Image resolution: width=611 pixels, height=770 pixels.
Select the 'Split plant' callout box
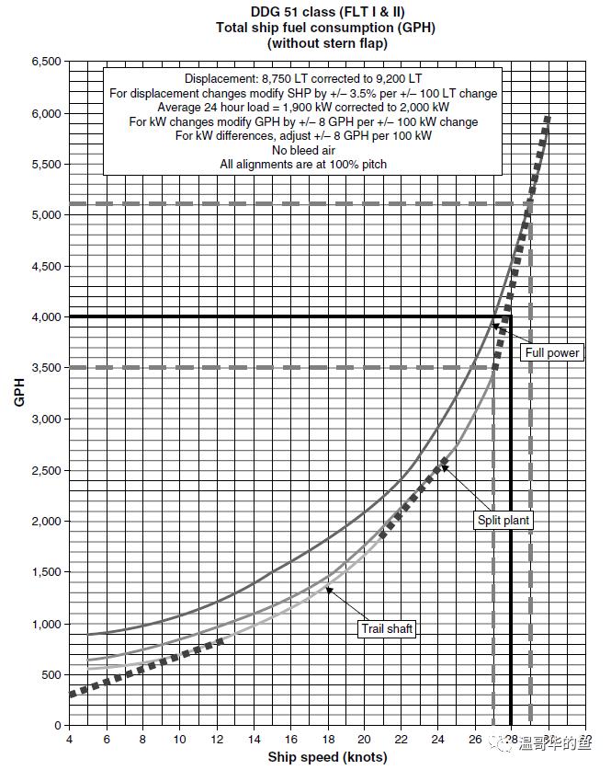tap(504, 521)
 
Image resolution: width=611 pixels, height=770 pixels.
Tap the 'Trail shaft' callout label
tap(387, 628)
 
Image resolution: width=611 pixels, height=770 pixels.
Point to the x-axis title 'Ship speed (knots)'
tap(327, 757)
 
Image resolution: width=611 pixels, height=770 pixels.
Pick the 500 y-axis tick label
tap(51, 674)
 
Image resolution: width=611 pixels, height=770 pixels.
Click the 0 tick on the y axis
tap(57, 725)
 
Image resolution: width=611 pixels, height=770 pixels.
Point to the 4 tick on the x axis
tap(69, 740)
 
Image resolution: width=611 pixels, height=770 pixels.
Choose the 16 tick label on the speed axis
tap(290, 740)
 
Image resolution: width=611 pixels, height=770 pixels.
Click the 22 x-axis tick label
tap(402, 740)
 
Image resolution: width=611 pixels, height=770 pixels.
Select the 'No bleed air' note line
tap(302, 150)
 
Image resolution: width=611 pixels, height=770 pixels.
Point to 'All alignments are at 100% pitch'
tap(302, 164)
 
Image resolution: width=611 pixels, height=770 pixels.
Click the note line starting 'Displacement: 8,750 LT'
tap(302, 79)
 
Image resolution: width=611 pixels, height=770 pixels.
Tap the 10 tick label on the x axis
tap(180, 740)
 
